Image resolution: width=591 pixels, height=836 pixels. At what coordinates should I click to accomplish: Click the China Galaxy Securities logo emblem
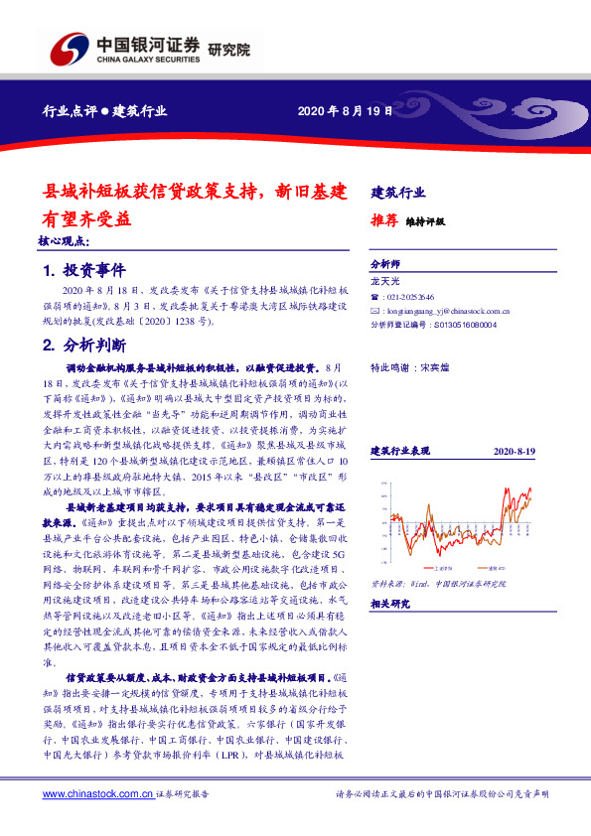coord(68,51)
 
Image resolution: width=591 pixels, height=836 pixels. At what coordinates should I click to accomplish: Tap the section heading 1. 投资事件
coord(83,270)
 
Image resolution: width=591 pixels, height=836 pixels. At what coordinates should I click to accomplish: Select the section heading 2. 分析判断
coord(83,346)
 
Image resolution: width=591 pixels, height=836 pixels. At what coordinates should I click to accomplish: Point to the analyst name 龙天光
coord(384,283)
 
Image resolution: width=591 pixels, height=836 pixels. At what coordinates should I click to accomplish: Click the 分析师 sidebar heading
coord(384,265)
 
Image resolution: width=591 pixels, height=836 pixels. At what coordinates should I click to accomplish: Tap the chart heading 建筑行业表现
coord(402,451)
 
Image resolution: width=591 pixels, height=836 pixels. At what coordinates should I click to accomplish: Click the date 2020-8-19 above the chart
coord(514,451)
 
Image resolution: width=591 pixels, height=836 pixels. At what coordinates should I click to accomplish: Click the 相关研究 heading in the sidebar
coord(389,604)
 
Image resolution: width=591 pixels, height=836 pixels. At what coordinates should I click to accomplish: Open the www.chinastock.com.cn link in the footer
coord(98,794)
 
